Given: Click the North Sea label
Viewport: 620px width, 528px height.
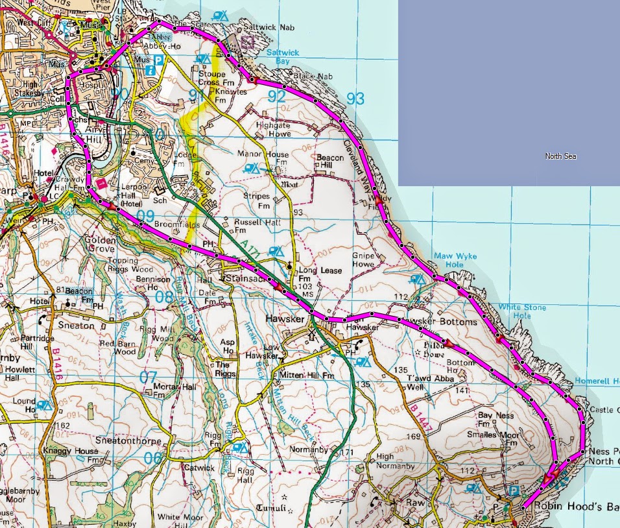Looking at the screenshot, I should (560, 156).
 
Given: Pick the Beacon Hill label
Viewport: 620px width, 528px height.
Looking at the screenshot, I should (329, 162).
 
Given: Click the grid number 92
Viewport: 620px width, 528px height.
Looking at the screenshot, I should (277, 97).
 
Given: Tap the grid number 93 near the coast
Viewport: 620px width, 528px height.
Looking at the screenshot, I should (355, 99).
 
